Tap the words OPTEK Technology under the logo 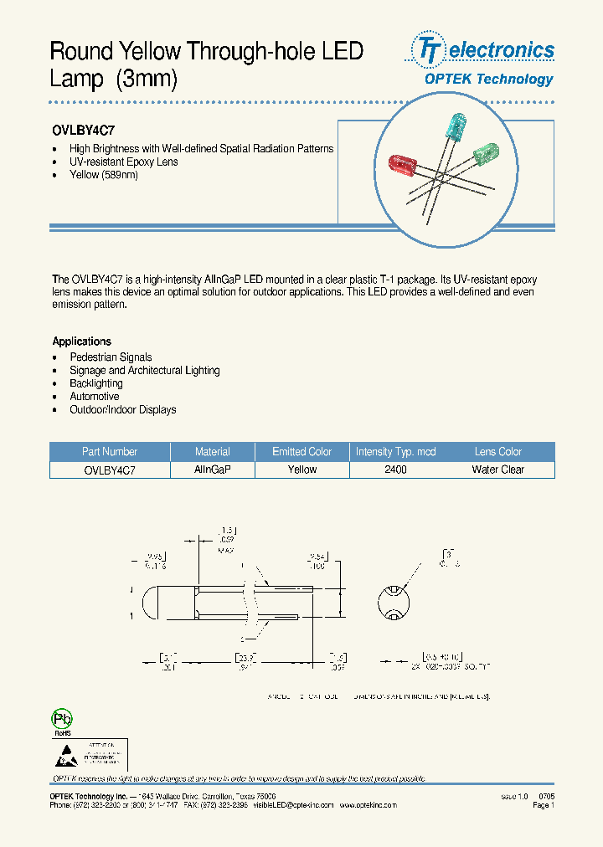[x=488, y=80]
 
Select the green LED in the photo [x=486, y=155]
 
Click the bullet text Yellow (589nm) [x=104, y=175]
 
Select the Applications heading [x=81, y=341]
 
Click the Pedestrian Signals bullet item [x=111, y=357]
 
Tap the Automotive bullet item [x=94, y=397]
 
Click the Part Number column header [x=110, y=451]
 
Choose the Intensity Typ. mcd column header [x=395, y=451]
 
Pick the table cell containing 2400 [x=395, y=470]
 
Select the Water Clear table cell [x=497, y=470]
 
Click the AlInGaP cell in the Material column [x=212, y=470]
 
